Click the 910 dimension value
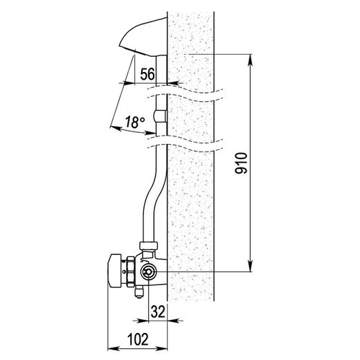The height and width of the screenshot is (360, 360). (x=241, y=163)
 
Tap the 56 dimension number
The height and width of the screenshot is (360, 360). (x=147, y=74)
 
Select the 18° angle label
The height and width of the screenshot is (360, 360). (x=135, y=122)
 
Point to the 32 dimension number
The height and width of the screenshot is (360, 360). (x=158, y=312)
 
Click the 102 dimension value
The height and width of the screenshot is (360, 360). (x=138, y=339)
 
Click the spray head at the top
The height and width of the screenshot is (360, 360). (x=143, y=37)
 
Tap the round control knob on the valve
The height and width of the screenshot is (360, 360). (x=115, y=271)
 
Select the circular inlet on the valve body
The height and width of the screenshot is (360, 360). (x=147, y=272)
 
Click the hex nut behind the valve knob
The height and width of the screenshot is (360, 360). (x=130, y=271)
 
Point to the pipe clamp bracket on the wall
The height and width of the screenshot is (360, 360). (x=160, y=116)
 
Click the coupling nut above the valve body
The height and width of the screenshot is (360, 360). (x=149, y=245)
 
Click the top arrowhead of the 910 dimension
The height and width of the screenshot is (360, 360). (x=250, y=60)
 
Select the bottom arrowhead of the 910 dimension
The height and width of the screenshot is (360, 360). (x=250, y=266)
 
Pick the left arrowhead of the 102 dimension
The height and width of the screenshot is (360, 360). (x=114, y=348)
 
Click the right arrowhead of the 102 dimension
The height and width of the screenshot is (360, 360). (x=161, y=348)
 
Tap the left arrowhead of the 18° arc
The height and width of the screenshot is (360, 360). (x=116, y=128)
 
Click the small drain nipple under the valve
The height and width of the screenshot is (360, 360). (x=139, y=292)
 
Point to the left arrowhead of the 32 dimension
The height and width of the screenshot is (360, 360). (x=143, y=321)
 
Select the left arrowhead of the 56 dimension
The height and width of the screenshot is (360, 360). (x=129, y=83)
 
